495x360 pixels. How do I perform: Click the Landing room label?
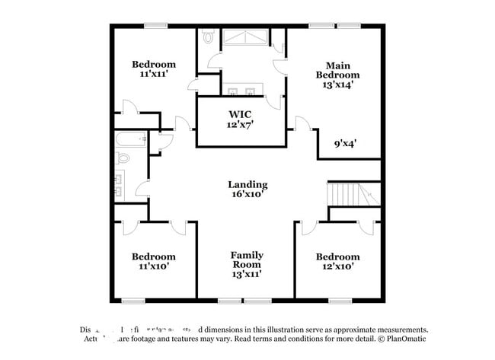(x=247, y=184)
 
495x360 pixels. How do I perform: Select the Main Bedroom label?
(x=337, y=70)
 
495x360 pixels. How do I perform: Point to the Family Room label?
(x=247, y=260)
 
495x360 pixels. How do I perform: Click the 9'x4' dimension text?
(x=346, y=142)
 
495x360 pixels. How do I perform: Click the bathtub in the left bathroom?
(x=131, y=140)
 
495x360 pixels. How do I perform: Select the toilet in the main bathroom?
(x=209, y=36)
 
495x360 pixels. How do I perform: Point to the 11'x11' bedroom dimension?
(x=154, y=75)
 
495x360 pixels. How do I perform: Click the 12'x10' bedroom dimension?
(x=337, y=267)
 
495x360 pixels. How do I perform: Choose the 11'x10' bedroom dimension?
(x=154, y=267)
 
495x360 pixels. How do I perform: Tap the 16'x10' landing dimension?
(x=247, y=195)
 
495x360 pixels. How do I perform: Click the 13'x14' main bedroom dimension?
(x=337, y=85)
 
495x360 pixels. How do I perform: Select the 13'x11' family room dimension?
(x=247, y=273)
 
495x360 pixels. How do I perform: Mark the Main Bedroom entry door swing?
(x=303, y=123)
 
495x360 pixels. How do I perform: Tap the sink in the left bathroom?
(x=120, y=183)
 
